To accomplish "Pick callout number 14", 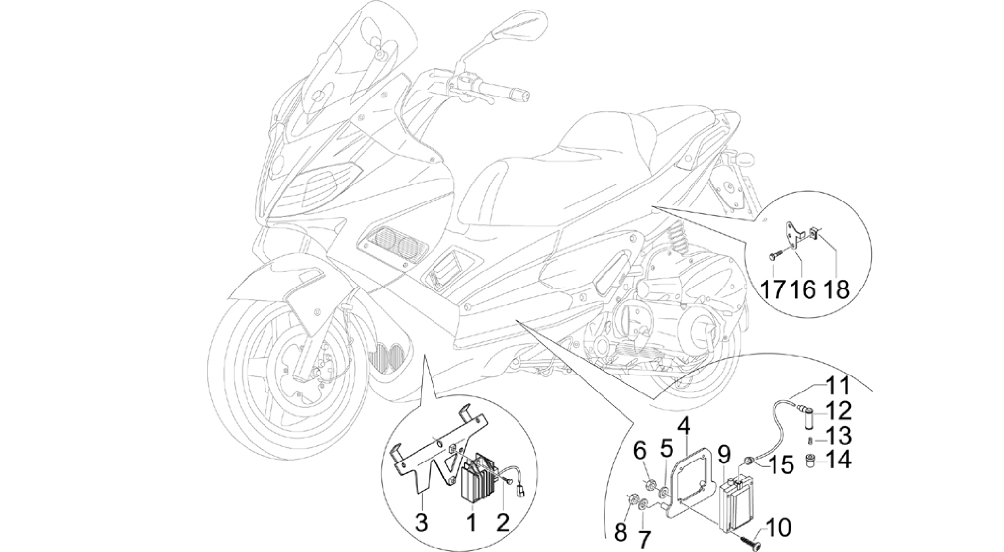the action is pos(836,461).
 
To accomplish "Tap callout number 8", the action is pos(621,532).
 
